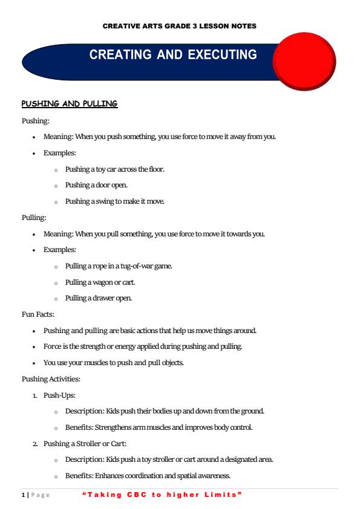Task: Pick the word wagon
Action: point(106,282)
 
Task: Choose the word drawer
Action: point(101,298)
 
